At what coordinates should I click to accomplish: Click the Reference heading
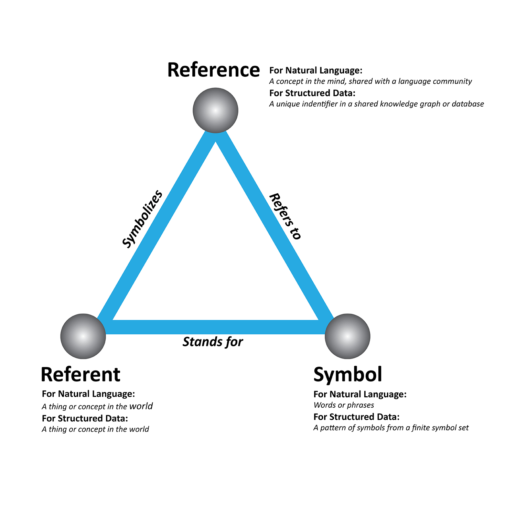point(213,70)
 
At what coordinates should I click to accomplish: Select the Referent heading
point(80,374)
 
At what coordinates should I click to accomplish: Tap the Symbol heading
point(348,374)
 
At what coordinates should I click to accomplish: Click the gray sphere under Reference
point(215,110)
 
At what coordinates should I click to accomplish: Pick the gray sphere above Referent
point(83,336)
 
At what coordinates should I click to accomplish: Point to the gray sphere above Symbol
point(347,336)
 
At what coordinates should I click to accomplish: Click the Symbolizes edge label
point(142,219)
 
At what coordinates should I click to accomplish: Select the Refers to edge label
point(285,216)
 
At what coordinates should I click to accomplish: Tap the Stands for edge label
point(213,342)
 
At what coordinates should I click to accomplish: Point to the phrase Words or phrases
point(344,405)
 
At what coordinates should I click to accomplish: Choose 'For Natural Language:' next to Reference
point(316,71)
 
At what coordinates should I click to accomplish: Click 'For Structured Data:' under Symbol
point(356,417)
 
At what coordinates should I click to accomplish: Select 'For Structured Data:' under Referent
point(85,418)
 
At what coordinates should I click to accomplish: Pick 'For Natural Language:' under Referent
point(88,394)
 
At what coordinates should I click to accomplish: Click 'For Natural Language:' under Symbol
point(360,394)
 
